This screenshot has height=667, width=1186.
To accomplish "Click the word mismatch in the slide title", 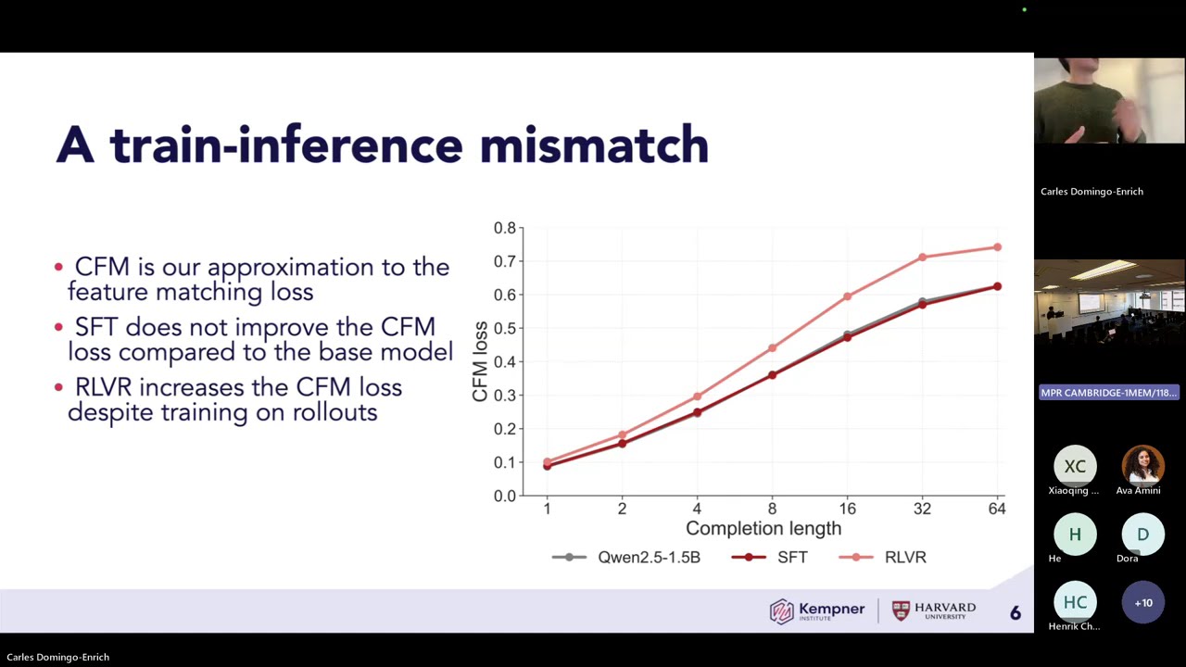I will [594, 146].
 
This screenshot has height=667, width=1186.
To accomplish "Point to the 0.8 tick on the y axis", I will [504, 228].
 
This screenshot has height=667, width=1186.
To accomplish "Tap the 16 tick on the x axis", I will [847, 509].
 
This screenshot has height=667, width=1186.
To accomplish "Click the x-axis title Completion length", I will [763, 528].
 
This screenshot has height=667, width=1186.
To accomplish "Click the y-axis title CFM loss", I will [480, 361].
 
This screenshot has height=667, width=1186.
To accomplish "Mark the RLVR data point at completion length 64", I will [997, 247].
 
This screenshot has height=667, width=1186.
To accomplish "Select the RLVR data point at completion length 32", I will [922, 258].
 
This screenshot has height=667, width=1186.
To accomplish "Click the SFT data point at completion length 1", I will [547, 466].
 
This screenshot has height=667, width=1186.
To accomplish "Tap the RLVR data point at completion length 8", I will [772, 348].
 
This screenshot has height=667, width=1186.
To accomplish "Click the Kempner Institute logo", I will [816, 610].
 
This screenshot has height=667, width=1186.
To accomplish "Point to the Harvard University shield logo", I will [901, 610].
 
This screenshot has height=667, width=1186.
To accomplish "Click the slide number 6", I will [1015, 612].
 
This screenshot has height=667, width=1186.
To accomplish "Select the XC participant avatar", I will [1074, 466].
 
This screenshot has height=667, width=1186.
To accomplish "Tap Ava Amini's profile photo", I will [1142, 465].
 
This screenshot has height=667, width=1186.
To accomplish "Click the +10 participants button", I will [1142, 602].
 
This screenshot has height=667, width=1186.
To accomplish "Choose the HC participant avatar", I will [1074, 602].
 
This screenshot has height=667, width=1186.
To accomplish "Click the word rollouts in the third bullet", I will [334, 412].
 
